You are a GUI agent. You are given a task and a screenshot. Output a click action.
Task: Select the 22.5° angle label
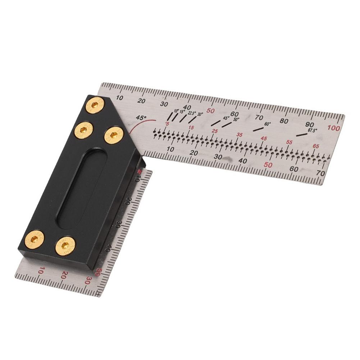192,113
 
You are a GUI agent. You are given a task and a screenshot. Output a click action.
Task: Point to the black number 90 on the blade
309,124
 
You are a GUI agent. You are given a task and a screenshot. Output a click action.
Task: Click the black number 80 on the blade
284,121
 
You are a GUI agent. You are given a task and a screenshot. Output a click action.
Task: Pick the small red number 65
316,146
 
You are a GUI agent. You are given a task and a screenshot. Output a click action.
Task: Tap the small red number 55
289,142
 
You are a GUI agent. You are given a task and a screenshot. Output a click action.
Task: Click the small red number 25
215,132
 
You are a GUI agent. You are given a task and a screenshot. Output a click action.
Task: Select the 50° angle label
236,119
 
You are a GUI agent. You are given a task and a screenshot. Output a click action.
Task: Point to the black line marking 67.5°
301,135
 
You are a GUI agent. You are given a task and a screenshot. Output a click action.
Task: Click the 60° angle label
268,124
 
